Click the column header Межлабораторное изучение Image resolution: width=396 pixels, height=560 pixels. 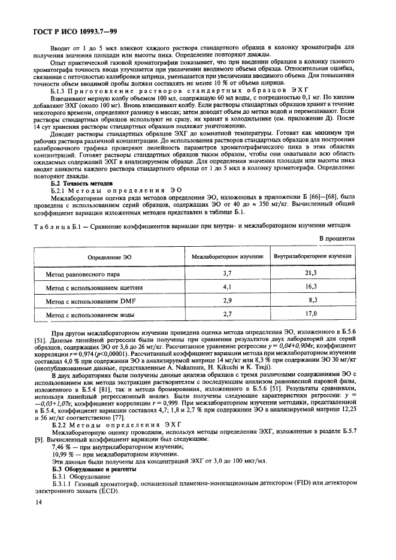(226, 256)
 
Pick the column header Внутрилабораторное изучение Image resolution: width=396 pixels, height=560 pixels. (312, 256)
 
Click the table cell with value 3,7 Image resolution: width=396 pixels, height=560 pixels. (226, 273)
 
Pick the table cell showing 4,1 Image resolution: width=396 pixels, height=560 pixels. (226, 287)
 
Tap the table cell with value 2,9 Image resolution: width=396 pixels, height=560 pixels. (226, 300)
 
